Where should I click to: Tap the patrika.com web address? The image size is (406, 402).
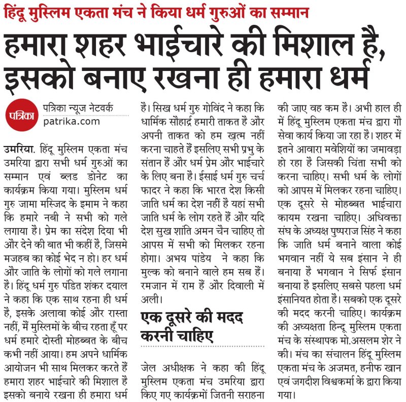[x=72, y=121]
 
